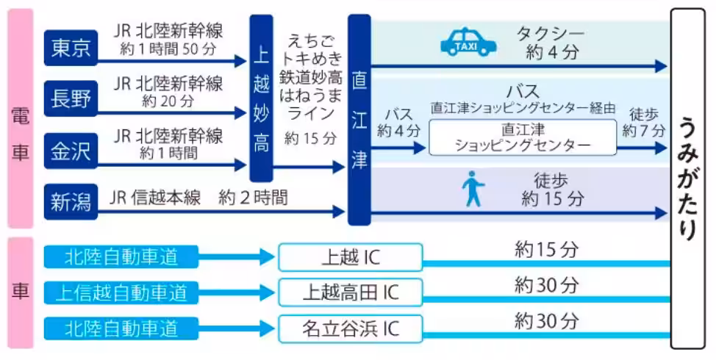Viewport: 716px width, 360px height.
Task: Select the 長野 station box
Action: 71,98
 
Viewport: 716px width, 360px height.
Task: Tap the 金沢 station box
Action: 71,151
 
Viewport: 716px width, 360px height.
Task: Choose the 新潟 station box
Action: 71,200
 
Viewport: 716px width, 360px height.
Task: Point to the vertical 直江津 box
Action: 359,119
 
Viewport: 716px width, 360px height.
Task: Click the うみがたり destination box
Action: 689,179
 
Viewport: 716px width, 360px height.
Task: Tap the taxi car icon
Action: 468,43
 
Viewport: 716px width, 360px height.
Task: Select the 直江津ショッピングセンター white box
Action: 523,137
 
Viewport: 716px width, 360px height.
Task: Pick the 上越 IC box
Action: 351,257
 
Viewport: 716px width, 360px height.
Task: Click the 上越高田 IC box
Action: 351,292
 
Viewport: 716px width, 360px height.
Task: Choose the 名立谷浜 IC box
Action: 351,328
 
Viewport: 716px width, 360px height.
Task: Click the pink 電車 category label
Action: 21,119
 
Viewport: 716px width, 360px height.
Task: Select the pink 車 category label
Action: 21,292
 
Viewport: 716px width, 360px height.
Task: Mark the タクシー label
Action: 551,34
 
